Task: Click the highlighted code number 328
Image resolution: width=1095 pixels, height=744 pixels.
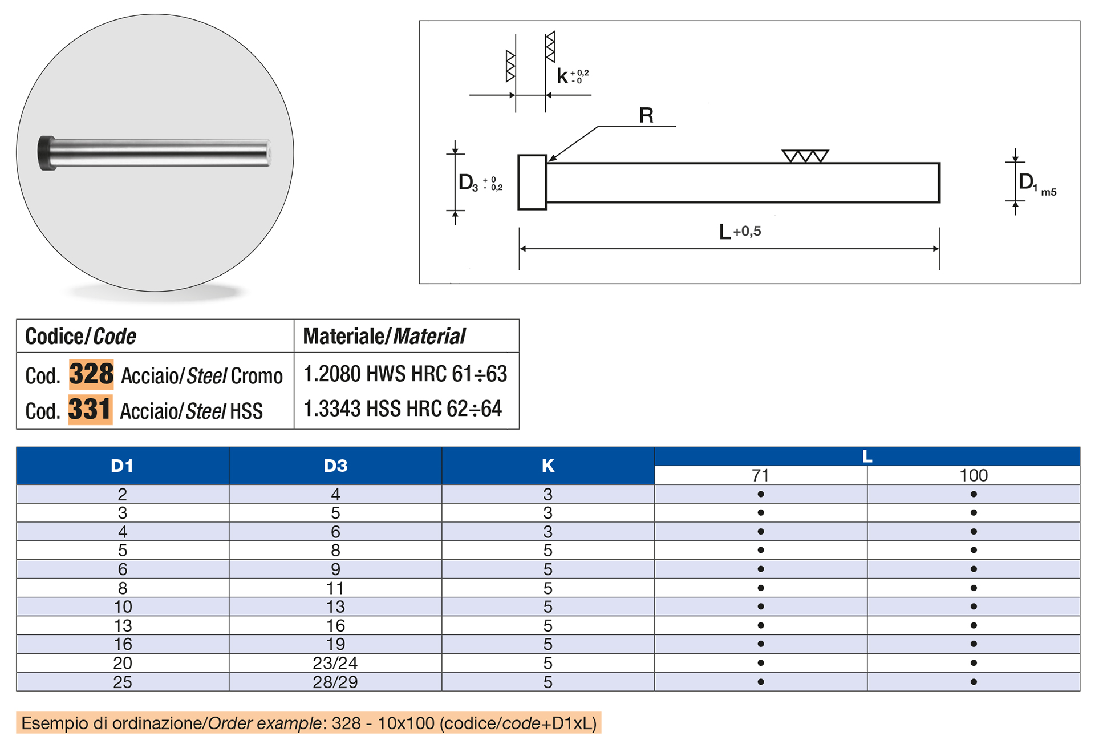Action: point(91,374)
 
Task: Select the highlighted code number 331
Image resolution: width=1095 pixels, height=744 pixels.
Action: point(90,410)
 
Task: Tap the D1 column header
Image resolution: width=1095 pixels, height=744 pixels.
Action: point(122,466)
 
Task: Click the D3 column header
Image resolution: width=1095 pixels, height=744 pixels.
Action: point(335,466)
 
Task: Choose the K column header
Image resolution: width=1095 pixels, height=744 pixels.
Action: point(547,466)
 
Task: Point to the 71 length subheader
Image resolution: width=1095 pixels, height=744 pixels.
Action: point(760,475)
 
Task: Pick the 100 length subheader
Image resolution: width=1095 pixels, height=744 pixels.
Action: point(973,475)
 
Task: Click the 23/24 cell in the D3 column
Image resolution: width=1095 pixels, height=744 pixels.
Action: point(335,663)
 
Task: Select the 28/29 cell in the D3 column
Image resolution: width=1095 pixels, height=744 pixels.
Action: point(335,682)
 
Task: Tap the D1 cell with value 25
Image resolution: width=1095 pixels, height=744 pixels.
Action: point(122,682)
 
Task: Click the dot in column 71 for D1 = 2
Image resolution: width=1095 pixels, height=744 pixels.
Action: point(760,494)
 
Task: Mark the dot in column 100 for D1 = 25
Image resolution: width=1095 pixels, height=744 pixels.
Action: point(974,682)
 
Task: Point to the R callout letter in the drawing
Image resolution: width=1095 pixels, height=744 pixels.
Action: point(646,116)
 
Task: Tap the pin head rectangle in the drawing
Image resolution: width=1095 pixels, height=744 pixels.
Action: point(532,182)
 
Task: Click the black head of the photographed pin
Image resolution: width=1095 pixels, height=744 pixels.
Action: point(46,153)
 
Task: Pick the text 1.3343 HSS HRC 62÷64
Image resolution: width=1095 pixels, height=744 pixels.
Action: point(403,409)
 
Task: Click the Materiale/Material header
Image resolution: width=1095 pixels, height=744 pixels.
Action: point(384,337)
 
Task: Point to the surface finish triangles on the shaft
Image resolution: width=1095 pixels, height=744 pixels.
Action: point(805,156)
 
